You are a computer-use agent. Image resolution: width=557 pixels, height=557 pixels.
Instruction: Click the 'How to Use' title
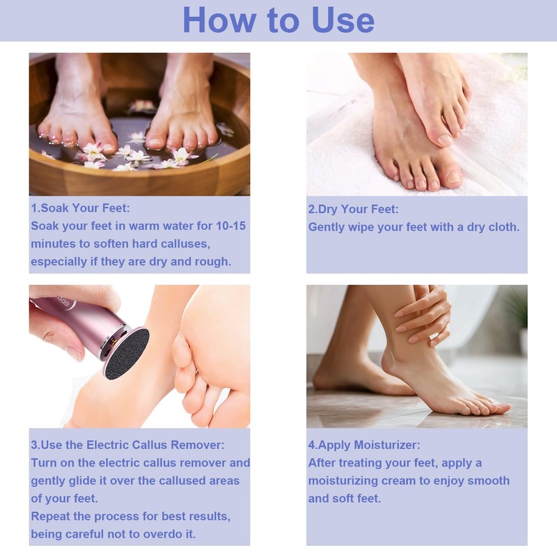278,20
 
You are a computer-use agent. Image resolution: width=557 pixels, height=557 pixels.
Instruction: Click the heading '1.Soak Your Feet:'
80,208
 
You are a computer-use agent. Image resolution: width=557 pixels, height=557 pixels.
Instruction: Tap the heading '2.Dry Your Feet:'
354,209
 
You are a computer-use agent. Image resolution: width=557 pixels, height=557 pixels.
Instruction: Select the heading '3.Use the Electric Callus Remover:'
127,445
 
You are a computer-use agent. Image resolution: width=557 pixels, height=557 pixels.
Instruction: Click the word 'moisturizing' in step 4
345,481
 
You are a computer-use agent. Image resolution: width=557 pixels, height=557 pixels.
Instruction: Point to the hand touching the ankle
422,313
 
